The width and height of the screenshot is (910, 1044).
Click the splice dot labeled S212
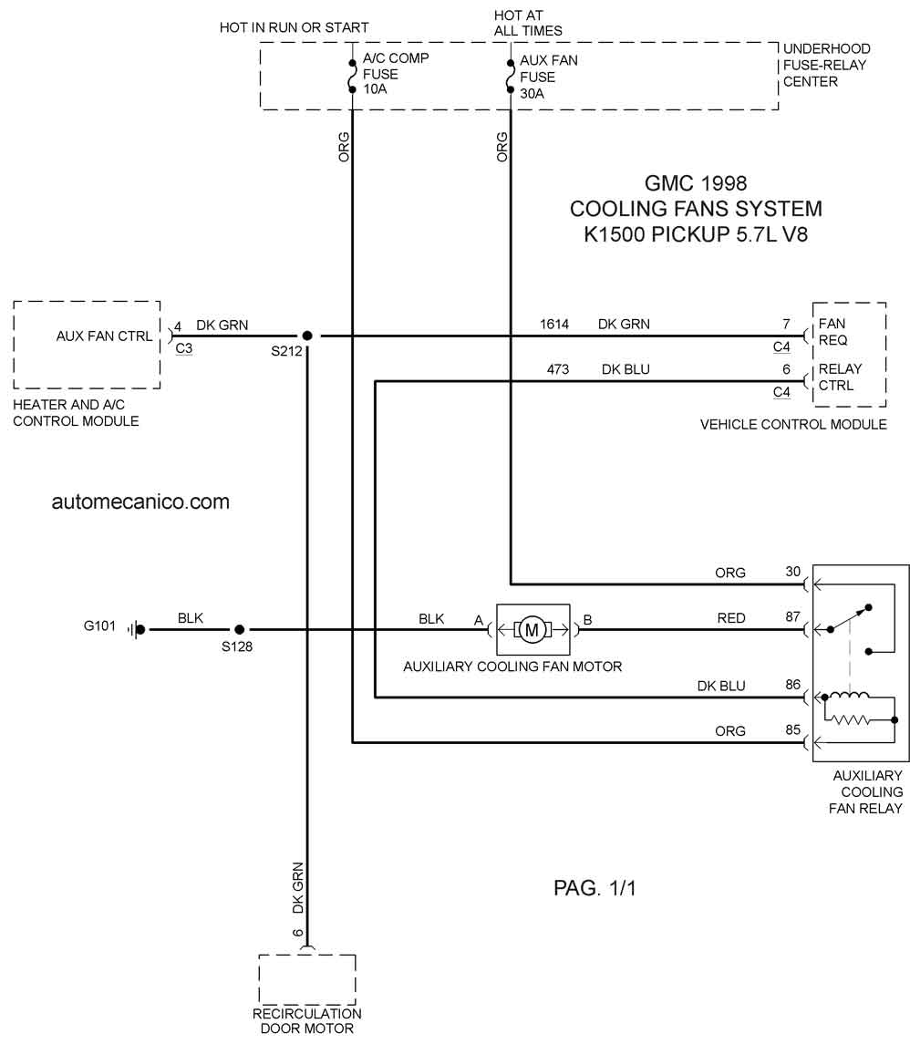tap(307, 336)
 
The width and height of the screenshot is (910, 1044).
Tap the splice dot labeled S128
tap(240, 629)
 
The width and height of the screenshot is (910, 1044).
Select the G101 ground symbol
tap(137, 629)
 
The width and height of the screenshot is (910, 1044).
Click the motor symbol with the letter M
tap(532, 629)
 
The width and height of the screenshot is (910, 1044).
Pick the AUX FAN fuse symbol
tap(510, 78)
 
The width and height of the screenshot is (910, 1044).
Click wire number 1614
tap(554, 324)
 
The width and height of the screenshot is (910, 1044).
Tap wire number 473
tap(558, 369)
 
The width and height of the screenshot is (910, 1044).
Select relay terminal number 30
tap(793, 572)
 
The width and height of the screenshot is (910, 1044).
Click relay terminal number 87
tap(793, 616)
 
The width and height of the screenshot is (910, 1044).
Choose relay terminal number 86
tap(793, 685)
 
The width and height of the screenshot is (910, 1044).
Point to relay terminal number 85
tap(793, 729)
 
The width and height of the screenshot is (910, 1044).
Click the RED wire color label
tap(731, 618)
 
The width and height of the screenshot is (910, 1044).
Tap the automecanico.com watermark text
tap(140, 501)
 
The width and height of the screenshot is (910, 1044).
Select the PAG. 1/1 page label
tap(595, 887)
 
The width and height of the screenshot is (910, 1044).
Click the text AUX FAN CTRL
tap(105, 336)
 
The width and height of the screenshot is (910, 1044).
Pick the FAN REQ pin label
tap(832, 332)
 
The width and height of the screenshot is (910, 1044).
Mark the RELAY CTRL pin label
tap(840, 377)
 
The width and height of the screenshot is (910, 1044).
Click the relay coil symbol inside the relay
tap(847, 697)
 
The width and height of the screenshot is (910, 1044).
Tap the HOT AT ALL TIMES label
tap(528, 23)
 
